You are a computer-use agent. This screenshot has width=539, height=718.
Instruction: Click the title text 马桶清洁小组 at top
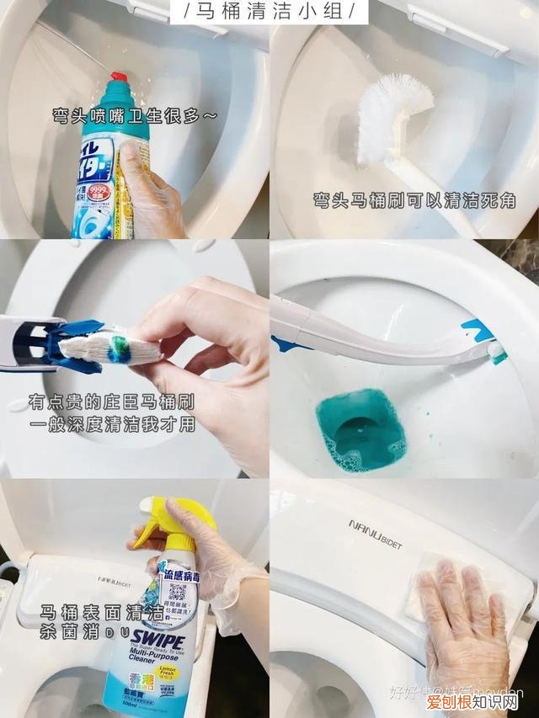[269, 12]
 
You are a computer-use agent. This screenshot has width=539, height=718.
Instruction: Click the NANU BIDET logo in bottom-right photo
[375, 535]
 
